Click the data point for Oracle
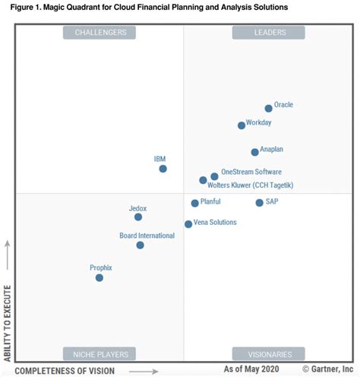268,109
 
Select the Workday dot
242,125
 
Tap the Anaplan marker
254,152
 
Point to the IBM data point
163,169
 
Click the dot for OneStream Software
214,176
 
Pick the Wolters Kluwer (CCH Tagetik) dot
203,181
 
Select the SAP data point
259,203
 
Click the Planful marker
194,204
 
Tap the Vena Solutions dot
188,224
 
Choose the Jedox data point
138,217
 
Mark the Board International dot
141,246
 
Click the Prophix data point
99,278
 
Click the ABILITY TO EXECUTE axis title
8,324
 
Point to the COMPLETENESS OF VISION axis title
65,370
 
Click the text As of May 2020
252,369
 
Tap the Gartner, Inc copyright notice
323,369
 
